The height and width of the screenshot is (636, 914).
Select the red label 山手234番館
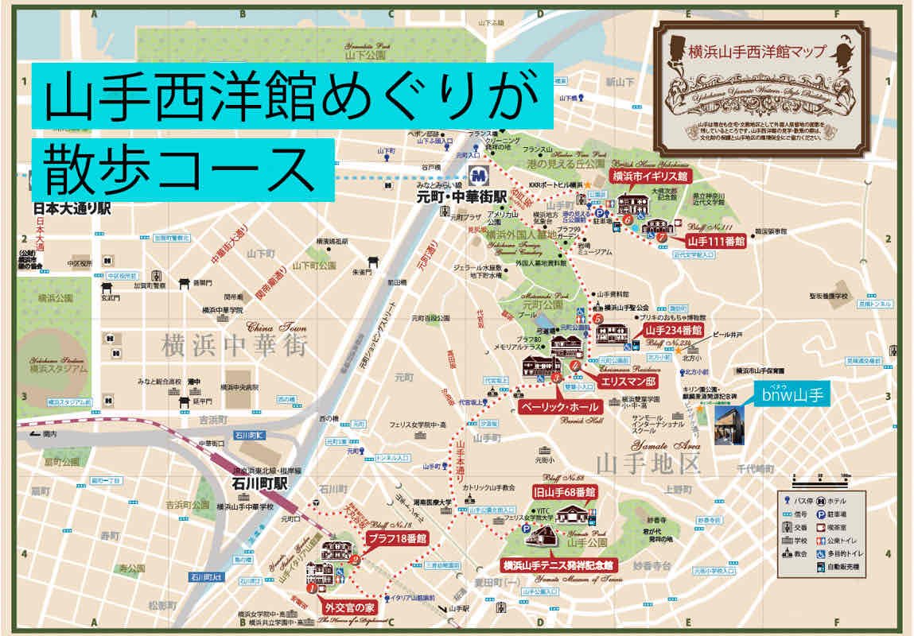pyautogui.click(x=674, y=330)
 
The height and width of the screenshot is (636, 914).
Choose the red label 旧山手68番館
pyautogui.click(x=566, y=492)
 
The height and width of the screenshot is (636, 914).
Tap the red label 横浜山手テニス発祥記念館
pyautogui.click(x=558, y=565)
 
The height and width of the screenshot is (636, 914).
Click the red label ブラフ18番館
pyautogui.click(x=396, y=538)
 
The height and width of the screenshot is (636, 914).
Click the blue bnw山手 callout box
pyautogui.click(x=791, y=392)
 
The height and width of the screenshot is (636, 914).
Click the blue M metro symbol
pyautogui.click(x=479, y=173)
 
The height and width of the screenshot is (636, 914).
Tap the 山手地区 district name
pyautogui.click(x=650, y=462)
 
